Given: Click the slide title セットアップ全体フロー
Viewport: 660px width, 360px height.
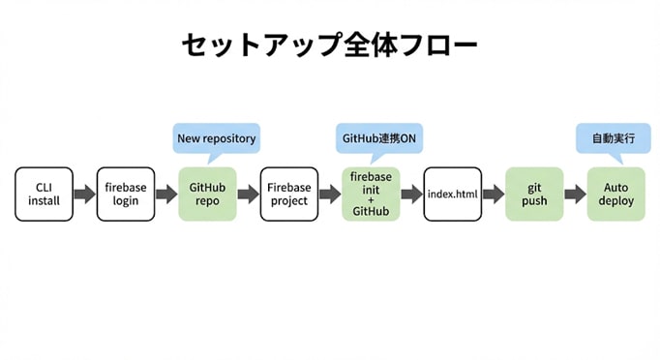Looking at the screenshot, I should (x=329, y=45).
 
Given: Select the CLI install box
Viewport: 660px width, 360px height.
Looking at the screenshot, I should (x=44, y=194).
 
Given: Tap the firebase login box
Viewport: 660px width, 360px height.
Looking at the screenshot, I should (x=126, y=194).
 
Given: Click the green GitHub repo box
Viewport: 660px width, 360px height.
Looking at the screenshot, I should (x=207, y=194).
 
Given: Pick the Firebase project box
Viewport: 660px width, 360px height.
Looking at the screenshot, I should (x=289, y=194).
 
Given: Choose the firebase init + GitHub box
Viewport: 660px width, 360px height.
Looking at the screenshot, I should (x=371, y=194).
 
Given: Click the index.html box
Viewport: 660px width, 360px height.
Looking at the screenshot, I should (x=452, y=194).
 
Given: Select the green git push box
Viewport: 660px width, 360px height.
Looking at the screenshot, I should (x=534, y=194).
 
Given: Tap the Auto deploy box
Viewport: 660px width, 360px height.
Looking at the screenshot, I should (x=615, y=194).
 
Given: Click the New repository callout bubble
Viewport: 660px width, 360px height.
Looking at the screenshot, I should (x=216, y=138).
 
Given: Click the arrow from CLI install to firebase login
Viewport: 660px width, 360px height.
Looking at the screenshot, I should (x=84, y=195).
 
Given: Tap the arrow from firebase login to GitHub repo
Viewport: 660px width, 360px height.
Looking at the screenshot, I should (x=166, y=195).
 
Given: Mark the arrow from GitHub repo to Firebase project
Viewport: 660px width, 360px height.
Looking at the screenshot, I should (x=248, y=195).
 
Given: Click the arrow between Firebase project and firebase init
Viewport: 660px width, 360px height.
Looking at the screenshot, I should (x=330, y=195).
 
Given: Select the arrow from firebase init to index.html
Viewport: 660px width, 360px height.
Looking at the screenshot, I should (x=411, y=195).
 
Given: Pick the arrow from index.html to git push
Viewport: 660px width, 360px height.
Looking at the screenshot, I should (x=494, y=195).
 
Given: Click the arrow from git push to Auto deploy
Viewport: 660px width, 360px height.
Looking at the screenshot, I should (x=575, y=195).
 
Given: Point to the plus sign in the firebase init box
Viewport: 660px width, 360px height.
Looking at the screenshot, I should (x=371, y=199).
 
